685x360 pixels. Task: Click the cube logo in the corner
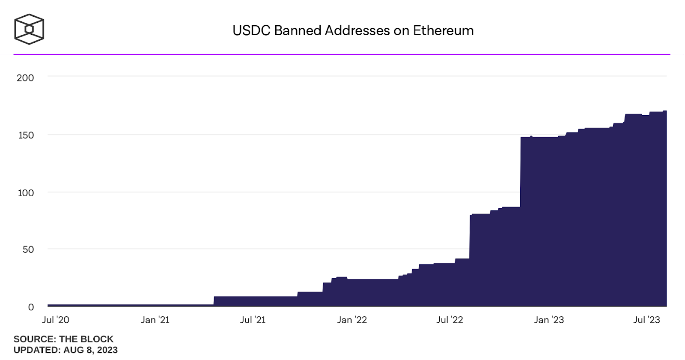(29, 29)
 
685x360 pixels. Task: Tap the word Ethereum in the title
(443, 30)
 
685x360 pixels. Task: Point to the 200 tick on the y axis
(25, 78)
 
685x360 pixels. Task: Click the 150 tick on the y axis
(25, 135)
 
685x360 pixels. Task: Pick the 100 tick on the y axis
(25, 192)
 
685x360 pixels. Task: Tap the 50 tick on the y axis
(28, 249)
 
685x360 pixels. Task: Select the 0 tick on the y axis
(31, 307)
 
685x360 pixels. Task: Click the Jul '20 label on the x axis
(56, 320)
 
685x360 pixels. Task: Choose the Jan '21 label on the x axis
(155, 320)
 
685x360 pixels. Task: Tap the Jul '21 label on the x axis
(253, 320)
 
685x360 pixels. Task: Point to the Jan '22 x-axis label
(352, 320)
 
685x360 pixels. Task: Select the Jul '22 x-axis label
(450, 320)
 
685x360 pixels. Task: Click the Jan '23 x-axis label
(549, 320)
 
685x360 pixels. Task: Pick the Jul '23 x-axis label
(646, 320)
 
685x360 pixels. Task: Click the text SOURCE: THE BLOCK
(63, 339)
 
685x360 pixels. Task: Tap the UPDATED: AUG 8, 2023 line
(66, 350)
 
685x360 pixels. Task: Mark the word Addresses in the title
(357, 30)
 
